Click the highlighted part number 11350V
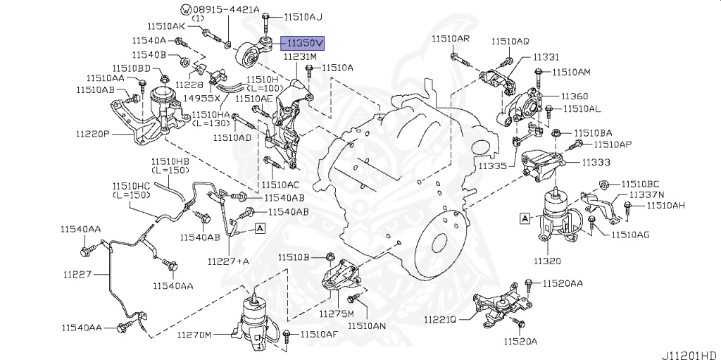302,42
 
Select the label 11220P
92,133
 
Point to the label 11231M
301,56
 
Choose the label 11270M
194,335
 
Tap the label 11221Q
440,319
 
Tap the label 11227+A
228,261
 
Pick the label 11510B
293,257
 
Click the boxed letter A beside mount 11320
525,218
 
